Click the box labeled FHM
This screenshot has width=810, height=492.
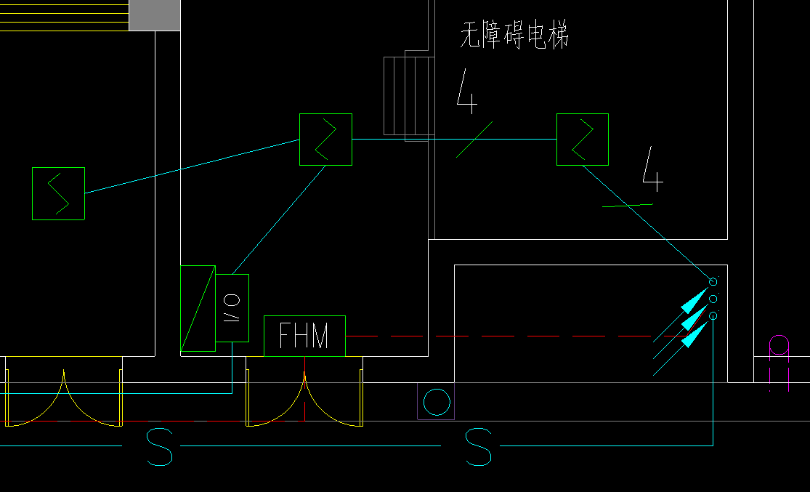pyautogui.click(x=304, y=336)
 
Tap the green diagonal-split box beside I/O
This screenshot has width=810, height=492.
pyautogui.click(x=198, y=309)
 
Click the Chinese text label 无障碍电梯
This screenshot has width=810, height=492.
pyautogui.click(x=514, y=35)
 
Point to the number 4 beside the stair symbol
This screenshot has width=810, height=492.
pyautogui.click(x=467, y=92)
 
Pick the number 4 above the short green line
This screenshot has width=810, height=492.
pyautogui.click(x=652, y=169)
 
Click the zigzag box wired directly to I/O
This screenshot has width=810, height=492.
pyautogui.click(x=325, y=140)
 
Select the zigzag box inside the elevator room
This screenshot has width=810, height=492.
pyautogui.click(x=582, y=140)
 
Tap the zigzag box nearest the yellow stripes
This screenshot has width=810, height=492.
pyautogui.click(x=58, y=193)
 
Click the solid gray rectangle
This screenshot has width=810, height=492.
pyautogui.click(x=154, y=15)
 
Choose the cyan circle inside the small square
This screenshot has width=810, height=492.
pyautogui.click(x=436, y=402)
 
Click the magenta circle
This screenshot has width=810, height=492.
pyautogui.click(x=779, y=344)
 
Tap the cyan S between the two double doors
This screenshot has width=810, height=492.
pyautogui.click(x=160, y=447)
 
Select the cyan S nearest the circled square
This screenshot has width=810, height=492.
pyautogui.click(x=479, y=447)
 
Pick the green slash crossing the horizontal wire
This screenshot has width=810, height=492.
pyautogui.click(x=474, y=139)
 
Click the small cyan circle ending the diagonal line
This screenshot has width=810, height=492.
pyautogui.click(x=713, y=282)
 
